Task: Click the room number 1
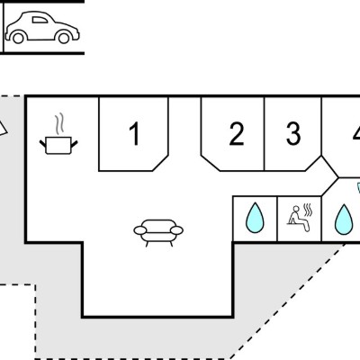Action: coord(134,134)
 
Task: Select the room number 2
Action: coord(237,134)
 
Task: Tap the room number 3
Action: coord(293,133)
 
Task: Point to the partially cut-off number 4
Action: coord(356,133)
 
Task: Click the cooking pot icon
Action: coord(58,145)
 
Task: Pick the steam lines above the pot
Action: coord(59,123)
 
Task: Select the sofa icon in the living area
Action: coord(158,233)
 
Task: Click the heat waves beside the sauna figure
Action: coord(308,211)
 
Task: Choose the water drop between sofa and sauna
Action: coord(255,219)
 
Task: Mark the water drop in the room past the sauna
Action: coord(344,220)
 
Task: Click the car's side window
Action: coord(40,20)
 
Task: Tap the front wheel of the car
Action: coord(64,38)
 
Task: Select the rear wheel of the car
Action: coord(18,38)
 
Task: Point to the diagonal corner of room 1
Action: coord(160,163)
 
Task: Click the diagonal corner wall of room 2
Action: coord(211,163)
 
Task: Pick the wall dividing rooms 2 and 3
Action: coord(265,134)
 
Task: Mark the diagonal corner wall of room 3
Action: coord(313,163)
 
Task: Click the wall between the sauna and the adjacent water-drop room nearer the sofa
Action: coord(277,219)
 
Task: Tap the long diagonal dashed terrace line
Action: coord(287,301)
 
